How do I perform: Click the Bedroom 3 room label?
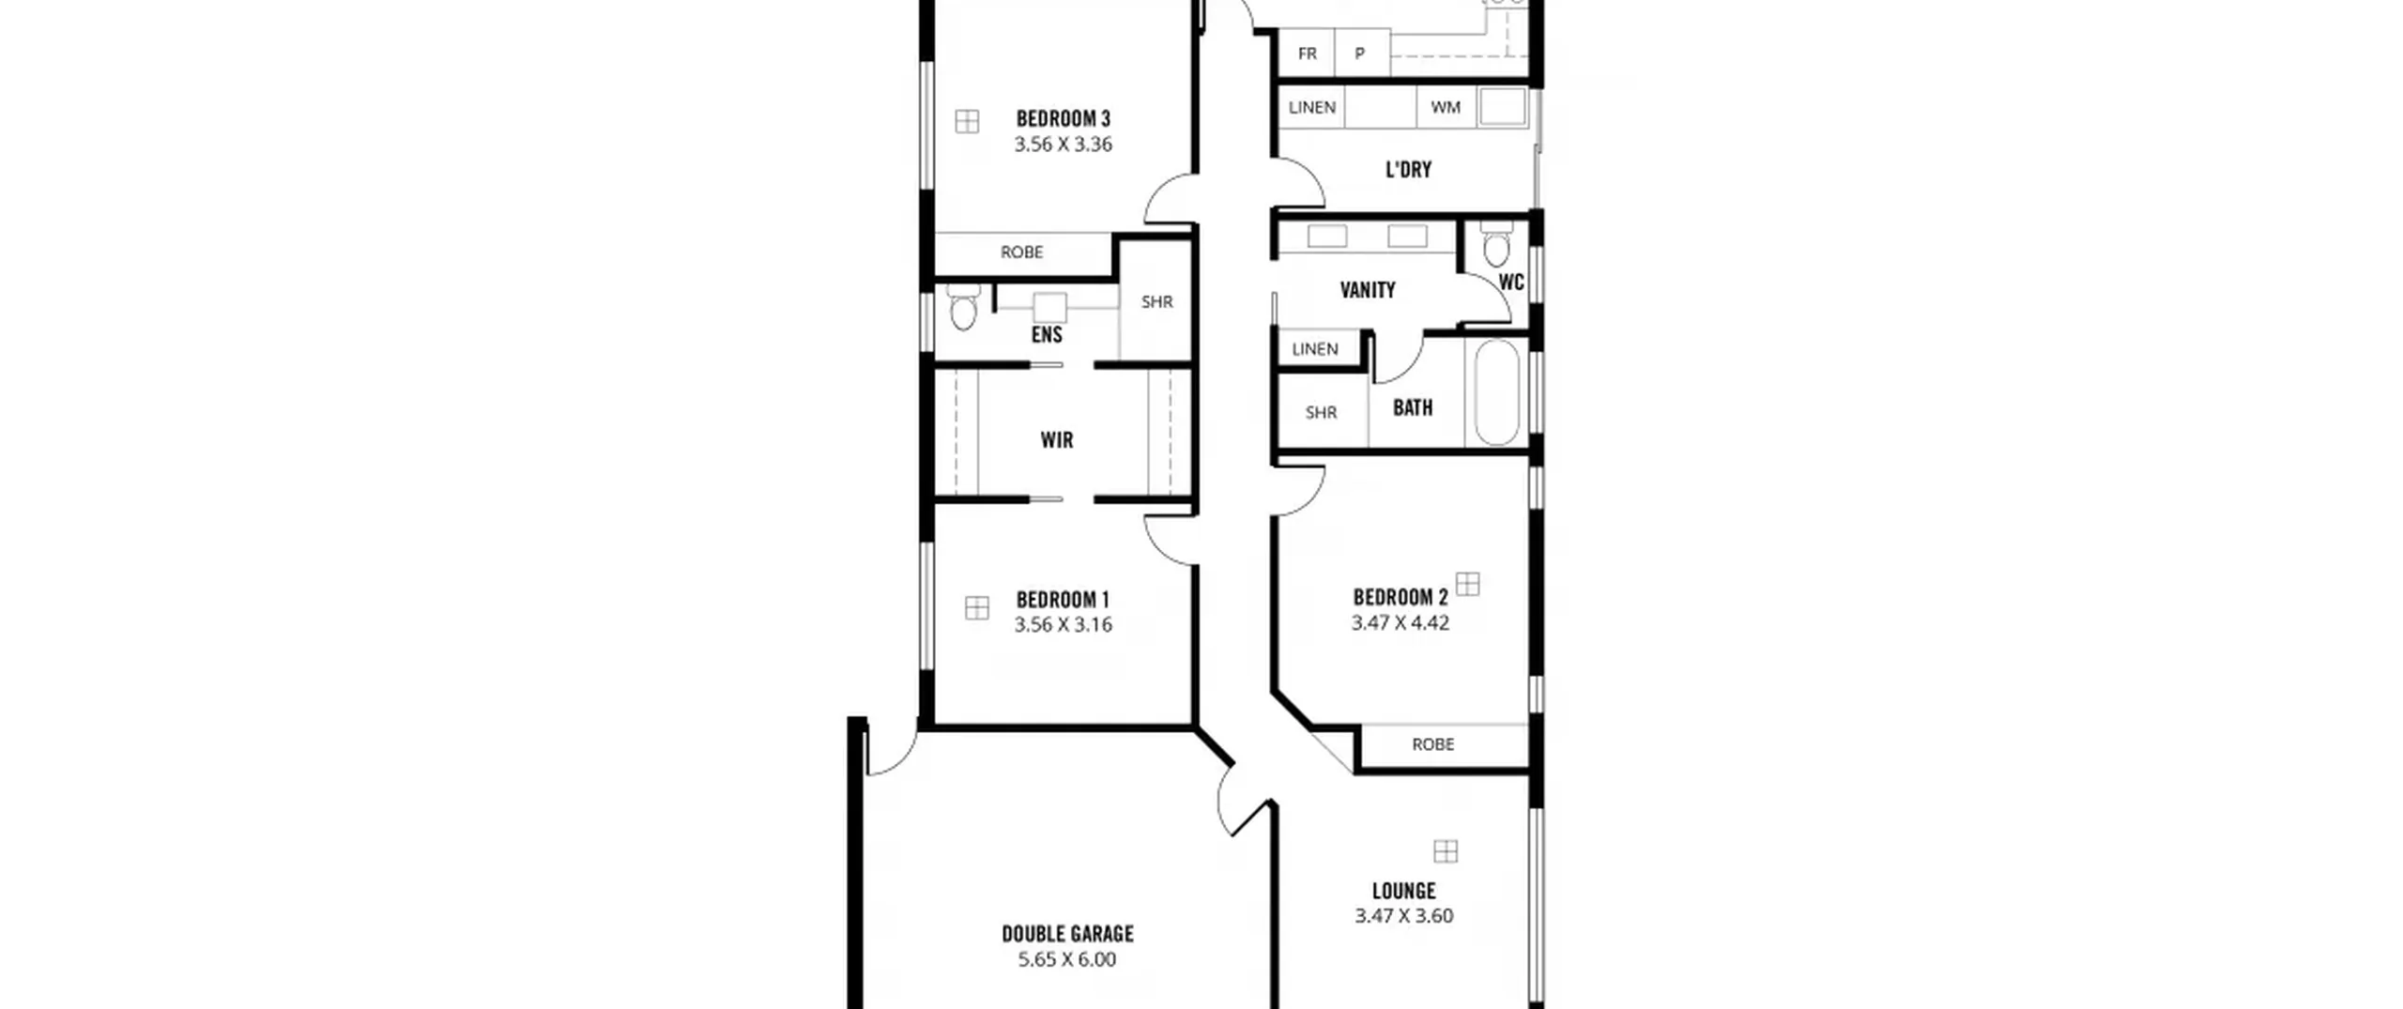1063,118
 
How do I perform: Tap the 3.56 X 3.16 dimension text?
1063,624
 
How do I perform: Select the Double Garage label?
1067,933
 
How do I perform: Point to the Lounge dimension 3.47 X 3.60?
1403,915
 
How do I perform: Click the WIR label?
1056,439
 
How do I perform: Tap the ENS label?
1047,334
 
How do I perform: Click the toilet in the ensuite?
963,307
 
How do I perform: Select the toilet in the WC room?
1496,244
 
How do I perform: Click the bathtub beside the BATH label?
1496,392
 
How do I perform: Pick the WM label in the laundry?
1446,107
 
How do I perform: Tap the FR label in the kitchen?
1307,54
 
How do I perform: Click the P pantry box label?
1359,54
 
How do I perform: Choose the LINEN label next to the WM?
1311,107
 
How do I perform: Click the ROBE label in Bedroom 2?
1432,744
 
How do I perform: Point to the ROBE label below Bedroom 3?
1021,252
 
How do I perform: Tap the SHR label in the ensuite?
1156,301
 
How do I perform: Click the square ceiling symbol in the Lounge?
1446,851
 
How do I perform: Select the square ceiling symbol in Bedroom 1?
976,608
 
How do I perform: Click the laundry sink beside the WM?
1502,107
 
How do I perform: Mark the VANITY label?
1367,290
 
